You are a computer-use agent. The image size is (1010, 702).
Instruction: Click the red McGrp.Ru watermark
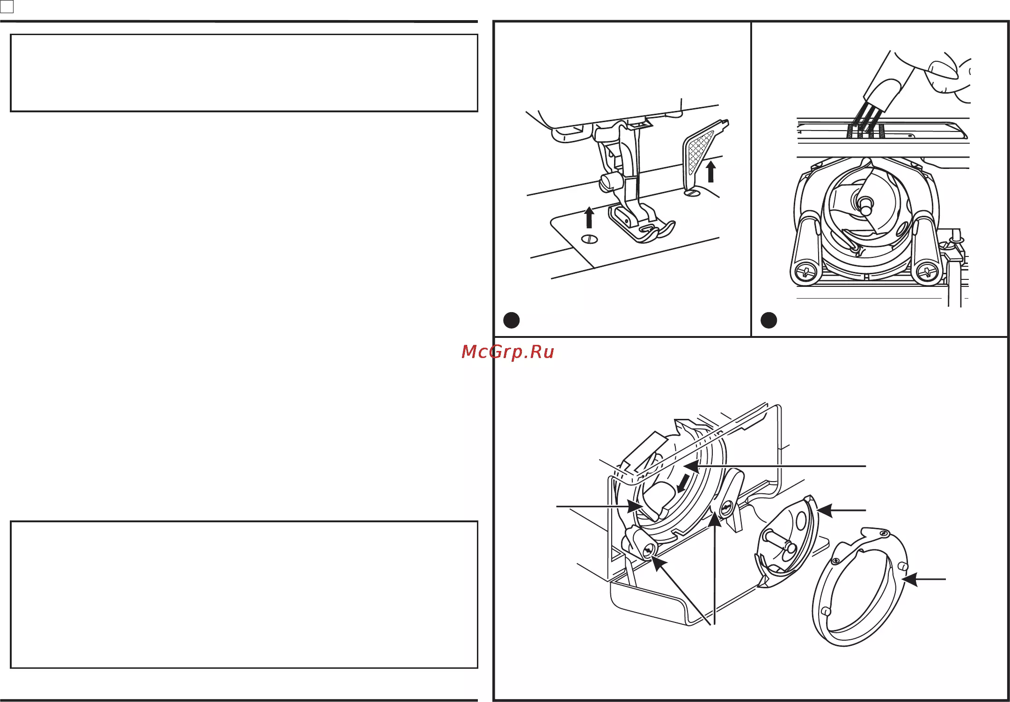pos(508,352)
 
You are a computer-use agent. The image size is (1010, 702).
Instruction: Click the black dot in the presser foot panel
pos(511,320)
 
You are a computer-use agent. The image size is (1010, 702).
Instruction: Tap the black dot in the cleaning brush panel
pos(768,320)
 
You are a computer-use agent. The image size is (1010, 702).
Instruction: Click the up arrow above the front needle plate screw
pos(589,218)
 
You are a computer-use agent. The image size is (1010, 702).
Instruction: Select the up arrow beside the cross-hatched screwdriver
pos(711,171)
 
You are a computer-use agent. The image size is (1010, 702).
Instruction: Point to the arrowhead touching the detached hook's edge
pos(825,510)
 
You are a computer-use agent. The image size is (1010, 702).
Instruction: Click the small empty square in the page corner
pos(7,7)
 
